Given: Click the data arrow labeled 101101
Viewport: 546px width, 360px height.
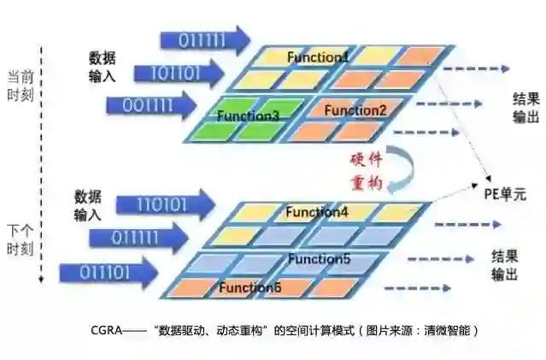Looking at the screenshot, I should [177, 73].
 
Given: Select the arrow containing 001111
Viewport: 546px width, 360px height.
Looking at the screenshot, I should [150, 106].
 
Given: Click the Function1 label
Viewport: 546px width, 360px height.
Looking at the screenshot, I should [317, 57].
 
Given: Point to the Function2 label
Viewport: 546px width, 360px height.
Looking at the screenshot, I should [355, 109].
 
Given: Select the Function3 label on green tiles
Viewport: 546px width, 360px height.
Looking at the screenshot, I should [248, 115].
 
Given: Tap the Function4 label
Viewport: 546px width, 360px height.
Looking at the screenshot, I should [316, 211].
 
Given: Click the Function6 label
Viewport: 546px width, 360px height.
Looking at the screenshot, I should [250, 287].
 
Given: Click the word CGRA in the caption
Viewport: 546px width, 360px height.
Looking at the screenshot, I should [107, 329].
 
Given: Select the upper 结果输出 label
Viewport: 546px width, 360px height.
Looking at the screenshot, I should [525, 107].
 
